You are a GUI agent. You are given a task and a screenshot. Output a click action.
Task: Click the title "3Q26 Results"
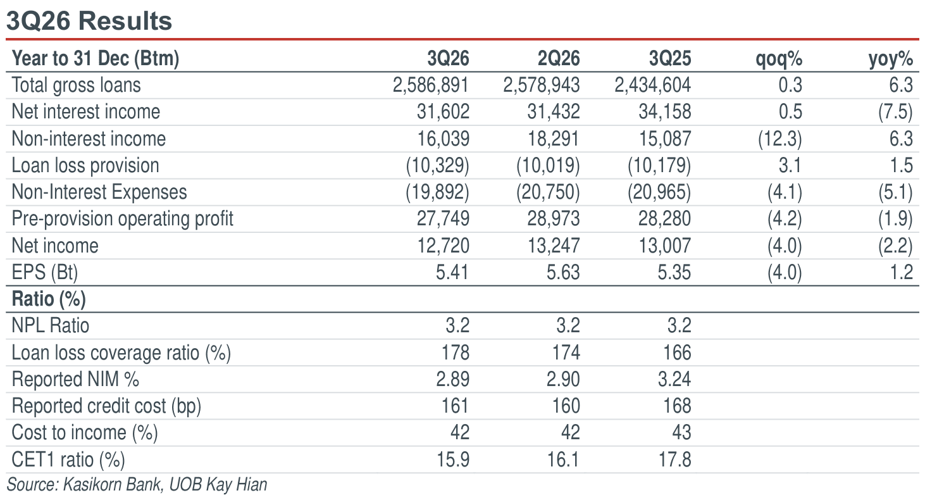tap(89, 21)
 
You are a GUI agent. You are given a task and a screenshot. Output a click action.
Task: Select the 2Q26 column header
tap(559, 58)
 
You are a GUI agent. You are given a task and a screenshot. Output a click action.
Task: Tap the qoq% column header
tap(779, 59)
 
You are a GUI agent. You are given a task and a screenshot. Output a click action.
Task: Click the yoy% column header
tap(891, 59)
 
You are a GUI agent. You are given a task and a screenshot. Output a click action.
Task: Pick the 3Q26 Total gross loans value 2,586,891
tap(431, 85)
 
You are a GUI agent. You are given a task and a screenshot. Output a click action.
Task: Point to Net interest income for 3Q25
tap(665, 111)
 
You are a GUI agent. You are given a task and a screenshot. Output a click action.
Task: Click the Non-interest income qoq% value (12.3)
tap(779, 139)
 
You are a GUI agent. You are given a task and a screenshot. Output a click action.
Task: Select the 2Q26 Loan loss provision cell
tap(548, 165)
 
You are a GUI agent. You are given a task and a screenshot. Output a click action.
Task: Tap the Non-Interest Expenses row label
tap(99, 192)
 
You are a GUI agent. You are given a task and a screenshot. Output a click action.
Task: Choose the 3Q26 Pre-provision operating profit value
tap(443, 218)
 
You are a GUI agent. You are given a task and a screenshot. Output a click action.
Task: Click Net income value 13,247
tap(554, 246)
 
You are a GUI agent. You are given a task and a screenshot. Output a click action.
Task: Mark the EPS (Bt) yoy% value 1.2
tap(901, 272)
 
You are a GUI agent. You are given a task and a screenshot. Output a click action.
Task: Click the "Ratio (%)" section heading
tap(49, 299)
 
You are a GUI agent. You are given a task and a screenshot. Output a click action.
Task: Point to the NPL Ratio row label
tap(51, 325)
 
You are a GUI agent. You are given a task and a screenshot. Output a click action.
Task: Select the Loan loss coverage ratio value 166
tap(677, 353)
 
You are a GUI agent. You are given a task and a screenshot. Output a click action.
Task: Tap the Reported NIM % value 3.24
tap(674, 379)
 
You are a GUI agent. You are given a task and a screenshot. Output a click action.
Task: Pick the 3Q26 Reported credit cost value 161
tap(456, 406)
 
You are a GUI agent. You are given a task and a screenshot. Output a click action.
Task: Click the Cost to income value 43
tap(681, 433)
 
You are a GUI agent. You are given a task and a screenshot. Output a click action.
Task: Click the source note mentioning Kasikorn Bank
tap(137, 485)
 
